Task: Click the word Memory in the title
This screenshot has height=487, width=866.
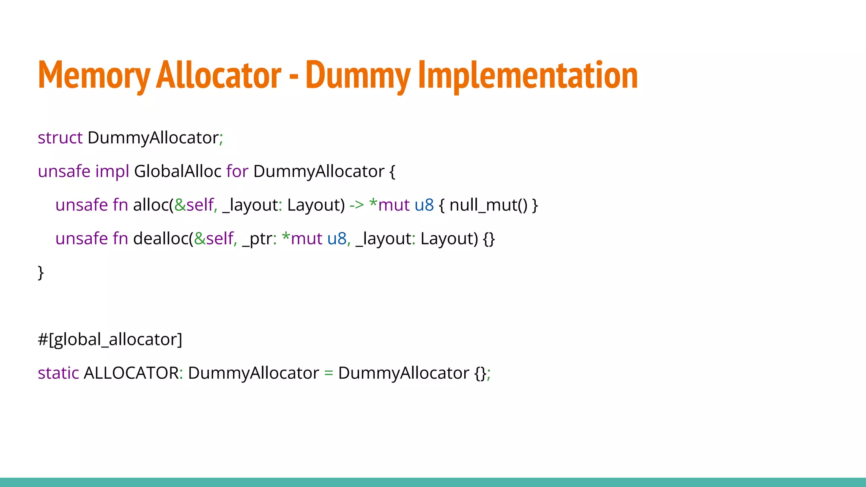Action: tap(94, 75)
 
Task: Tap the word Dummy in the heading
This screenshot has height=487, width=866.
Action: tap(358, 75)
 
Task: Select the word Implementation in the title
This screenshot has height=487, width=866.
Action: tap(528, 75)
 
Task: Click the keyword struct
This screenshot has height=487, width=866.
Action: tap(60, 138)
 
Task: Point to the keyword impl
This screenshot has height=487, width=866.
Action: tap(112, 172)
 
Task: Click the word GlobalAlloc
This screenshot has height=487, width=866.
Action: tap(178, 172)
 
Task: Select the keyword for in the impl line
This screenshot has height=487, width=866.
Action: tap(237, 172)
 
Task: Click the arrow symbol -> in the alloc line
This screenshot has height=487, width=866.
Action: tap(356, 205)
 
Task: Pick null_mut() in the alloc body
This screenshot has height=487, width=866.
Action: tap(488, 205)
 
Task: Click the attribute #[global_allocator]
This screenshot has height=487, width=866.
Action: tap(110, 339)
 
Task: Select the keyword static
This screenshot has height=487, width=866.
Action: tap(58, 373)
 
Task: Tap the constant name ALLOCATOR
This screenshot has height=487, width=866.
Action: tap(131, 373)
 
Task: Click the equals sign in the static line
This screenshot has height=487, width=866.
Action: tap(329, 373)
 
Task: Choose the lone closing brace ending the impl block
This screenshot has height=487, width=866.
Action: tap(41, 273)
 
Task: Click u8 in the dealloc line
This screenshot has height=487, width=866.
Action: tap(337, 239)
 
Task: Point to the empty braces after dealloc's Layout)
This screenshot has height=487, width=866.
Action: tap(489, 239)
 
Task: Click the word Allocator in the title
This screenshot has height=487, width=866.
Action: tap(219, 75)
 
